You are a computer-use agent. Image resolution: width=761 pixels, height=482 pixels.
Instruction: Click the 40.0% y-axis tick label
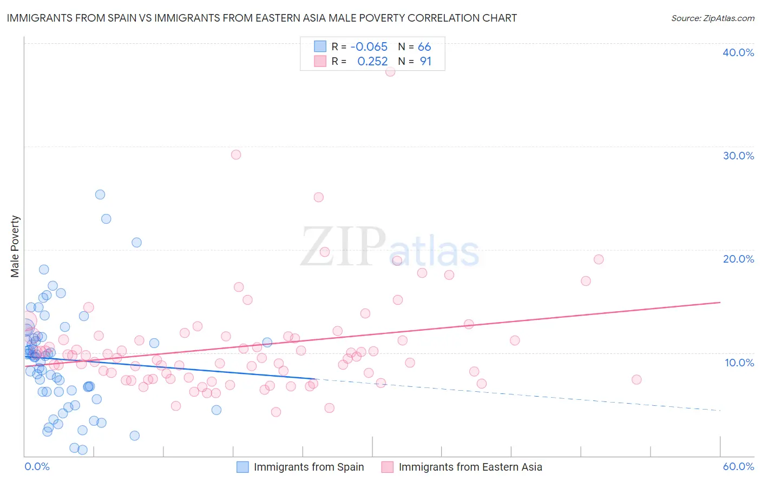click(738, 52)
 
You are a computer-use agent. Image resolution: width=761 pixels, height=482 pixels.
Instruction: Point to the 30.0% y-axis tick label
click(738, 156)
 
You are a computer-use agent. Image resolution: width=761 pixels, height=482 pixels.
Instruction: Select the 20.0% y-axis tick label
click(738, 259)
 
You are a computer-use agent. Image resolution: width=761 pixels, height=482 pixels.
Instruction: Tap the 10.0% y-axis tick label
click(738, 363)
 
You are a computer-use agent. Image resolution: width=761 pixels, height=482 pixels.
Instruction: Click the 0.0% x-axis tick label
click(37, 466)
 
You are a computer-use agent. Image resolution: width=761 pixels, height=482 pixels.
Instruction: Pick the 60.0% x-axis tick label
click(738, 466)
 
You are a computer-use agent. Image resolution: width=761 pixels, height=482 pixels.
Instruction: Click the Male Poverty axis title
click(15, 246)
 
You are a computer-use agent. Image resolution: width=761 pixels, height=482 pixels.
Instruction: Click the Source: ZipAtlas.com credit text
click(712, 18)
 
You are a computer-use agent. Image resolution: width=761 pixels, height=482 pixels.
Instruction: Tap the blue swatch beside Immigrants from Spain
click(242, 467)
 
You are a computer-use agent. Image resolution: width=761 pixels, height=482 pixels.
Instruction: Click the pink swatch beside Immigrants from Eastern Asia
click(387, 467)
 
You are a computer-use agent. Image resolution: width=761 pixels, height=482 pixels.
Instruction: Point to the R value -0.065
click(369, 46)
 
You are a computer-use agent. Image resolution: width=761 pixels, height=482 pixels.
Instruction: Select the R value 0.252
click(372, 61)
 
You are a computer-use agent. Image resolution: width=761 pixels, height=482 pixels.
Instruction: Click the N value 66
click(424, 46)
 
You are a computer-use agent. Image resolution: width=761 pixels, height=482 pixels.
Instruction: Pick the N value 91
click(425, 61)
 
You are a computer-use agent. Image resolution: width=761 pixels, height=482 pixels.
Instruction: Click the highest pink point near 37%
click(390, 71)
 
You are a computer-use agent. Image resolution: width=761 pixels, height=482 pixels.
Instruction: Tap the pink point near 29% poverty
click(236, 155)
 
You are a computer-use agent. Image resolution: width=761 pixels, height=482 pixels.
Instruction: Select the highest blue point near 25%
click(100, 195)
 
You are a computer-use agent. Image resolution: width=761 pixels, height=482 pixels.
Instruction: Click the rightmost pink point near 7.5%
click(637, 379)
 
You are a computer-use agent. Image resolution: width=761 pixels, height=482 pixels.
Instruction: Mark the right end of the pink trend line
click(720, 302)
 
